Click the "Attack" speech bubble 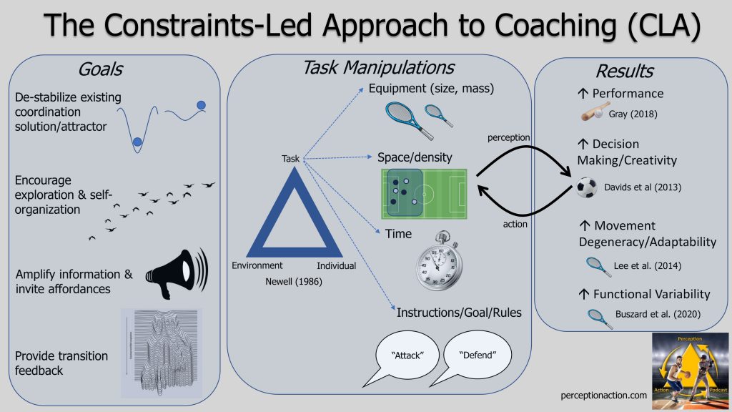pyautogui.click(x=405, y=354)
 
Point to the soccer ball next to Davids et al pyautogui.click(x=587, y=188)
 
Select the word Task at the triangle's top pyautogui.click(x=291, y=159)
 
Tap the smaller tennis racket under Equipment pyautogui.click(x=438, y=114)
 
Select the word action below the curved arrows pyautogui.click(x=515, y=224)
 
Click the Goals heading pyautogui.click(x=101, y=69)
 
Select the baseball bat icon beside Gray pyautogui.click(x=594, y=113)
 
